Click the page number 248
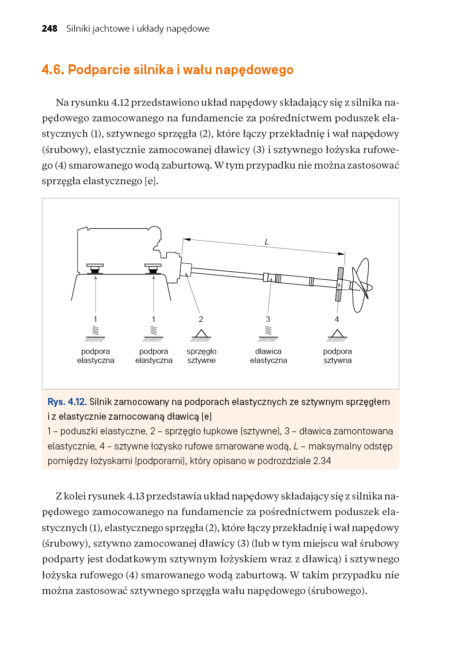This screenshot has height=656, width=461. [x=50, y=29]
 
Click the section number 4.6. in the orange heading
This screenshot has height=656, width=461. [x=53, y=70]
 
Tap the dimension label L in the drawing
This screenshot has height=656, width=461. [x=267, y=242]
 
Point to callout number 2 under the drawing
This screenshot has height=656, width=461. [x=201, y=319]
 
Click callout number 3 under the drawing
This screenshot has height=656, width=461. [x=268, y=319]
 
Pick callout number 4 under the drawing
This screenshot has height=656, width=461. [x=337, y=319]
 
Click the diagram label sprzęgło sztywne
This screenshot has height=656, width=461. [x=201, y=356]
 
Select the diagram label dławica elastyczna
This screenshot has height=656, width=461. [x=269, y=356]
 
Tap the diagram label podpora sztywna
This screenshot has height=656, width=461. [x=338, y=356]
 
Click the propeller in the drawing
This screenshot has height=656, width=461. [x=362, y=285]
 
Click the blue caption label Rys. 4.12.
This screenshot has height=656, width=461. [x=67, y=402]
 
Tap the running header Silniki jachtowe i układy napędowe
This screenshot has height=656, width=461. [x=138, y=29]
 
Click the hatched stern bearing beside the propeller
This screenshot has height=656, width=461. [x=339, y=284]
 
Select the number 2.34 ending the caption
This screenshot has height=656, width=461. [x=322, y=461]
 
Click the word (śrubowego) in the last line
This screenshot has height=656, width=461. [x=337, y=591]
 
